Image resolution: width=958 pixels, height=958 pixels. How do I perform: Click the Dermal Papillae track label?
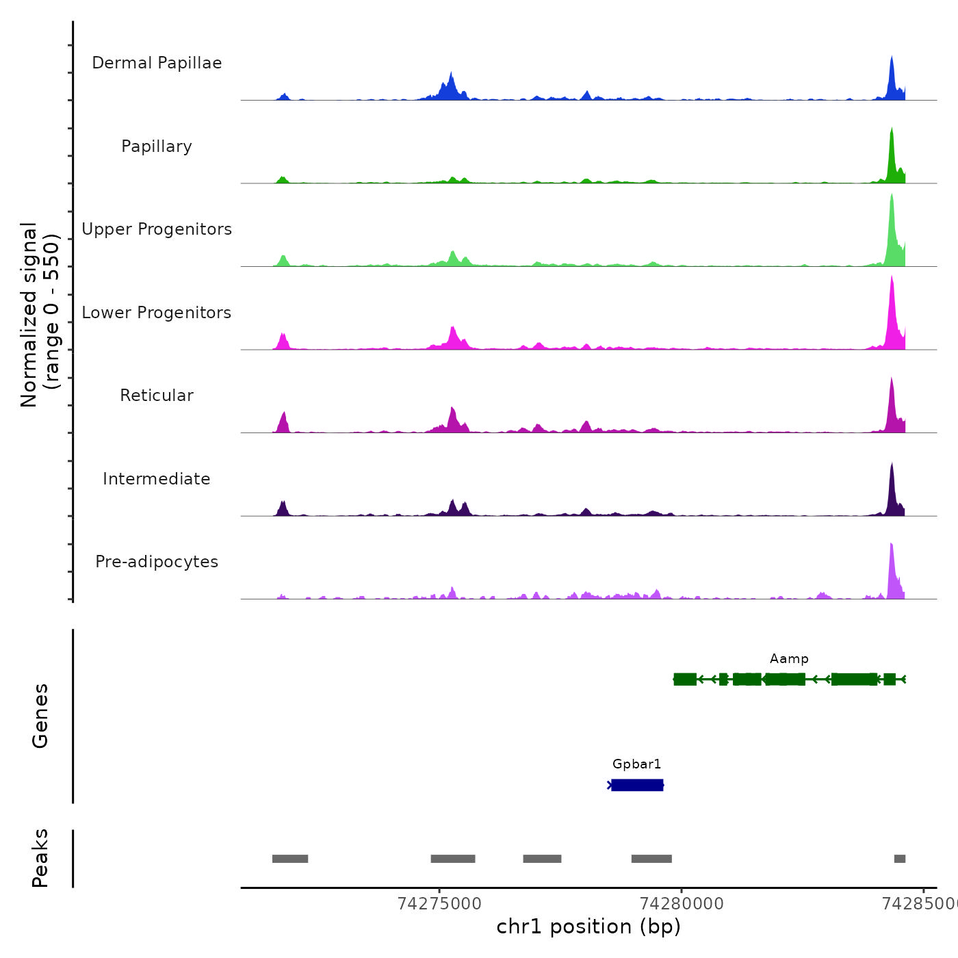tap(157, 63)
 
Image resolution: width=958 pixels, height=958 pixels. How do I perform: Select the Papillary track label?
tap(157, 146)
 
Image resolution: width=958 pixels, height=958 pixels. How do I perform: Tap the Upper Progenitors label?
tap(157, 229)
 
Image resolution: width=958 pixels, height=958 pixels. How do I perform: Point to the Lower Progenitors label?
tap(157, 313)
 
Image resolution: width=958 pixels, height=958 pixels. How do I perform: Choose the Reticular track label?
tap(157, 396)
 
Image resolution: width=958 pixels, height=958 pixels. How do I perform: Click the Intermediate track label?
tap(157, 479)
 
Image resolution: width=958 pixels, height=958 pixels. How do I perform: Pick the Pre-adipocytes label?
tap(157, 562)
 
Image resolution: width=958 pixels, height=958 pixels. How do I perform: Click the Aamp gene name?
tap(789, 659)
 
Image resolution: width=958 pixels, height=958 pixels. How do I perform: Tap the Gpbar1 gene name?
tap(636, 764)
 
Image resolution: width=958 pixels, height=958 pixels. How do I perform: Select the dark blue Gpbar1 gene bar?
tap(637, 785)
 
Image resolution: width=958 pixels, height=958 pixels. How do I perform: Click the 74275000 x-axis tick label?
tap(439, 904)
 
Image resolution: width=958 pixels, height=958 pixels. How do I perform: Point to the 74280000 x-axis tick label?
tap(682, 904)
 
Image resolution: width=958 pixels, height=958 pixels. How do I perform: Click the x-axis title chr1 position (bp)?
tap(588, 927)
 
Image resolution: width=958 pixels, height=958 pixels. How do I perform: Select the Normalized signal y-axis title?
tap(40, 314)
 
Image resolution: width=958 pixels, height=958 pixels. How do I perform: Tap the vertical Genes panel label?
tap(40, 716)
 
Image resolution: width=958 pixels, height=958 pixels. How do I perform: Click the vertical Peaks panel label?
tap(40, 858)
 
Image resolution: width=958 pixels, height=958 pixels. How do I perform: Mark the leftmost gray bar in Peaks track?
tap(290, 859)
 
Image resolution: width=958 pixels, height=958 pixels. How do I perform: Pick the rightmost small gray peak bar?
tap(900, 859)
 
